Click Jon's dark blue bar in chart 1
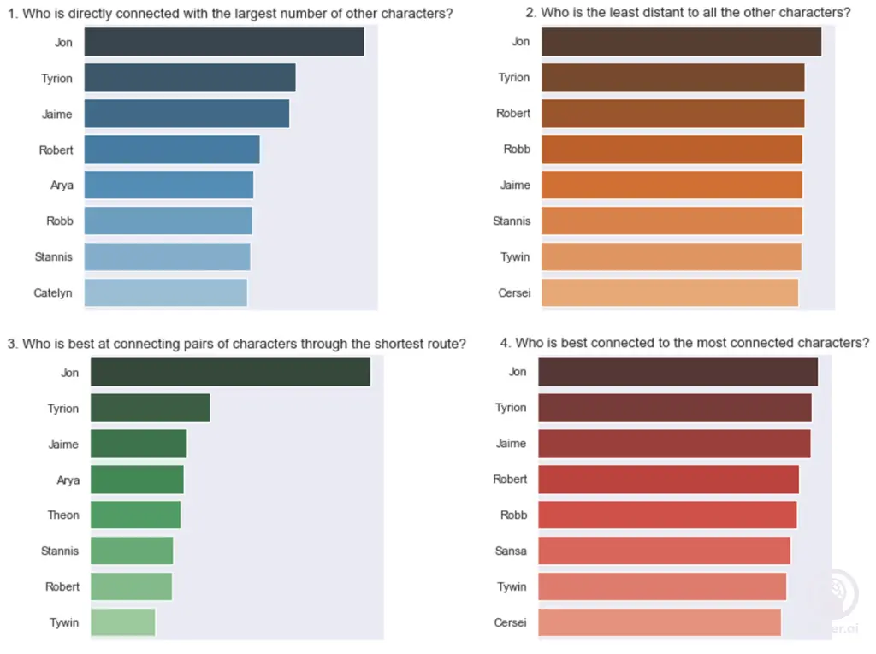point(224,42)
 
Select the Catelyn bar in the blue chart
point(165,292)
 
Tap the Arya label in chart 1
point(62,186)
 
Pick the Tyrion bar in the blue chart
point(189,78)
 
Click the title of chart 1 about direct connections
point(230,14)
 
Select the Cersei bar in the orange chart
point(669,292)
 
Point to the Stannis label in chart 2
point(512,221)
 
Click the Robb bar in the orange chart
point(672,149)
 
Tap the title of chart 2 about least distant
point(688,13)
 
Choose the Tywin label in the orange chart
point(514,257)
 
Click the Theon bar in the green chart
point(135,515)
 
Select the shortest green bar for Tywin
point(122,622)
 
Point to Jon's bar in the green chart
point(230,372)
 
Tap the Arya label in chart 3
point(68,480)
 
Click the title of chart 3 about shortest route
point(236,344)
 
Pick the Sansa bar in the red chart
point(664,551)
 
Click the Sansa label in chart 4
point(511,551)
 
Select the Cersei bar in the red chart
point(659,622)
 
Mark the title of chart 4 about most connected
point(684,343)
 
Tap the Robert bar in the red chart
point(668,479)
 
